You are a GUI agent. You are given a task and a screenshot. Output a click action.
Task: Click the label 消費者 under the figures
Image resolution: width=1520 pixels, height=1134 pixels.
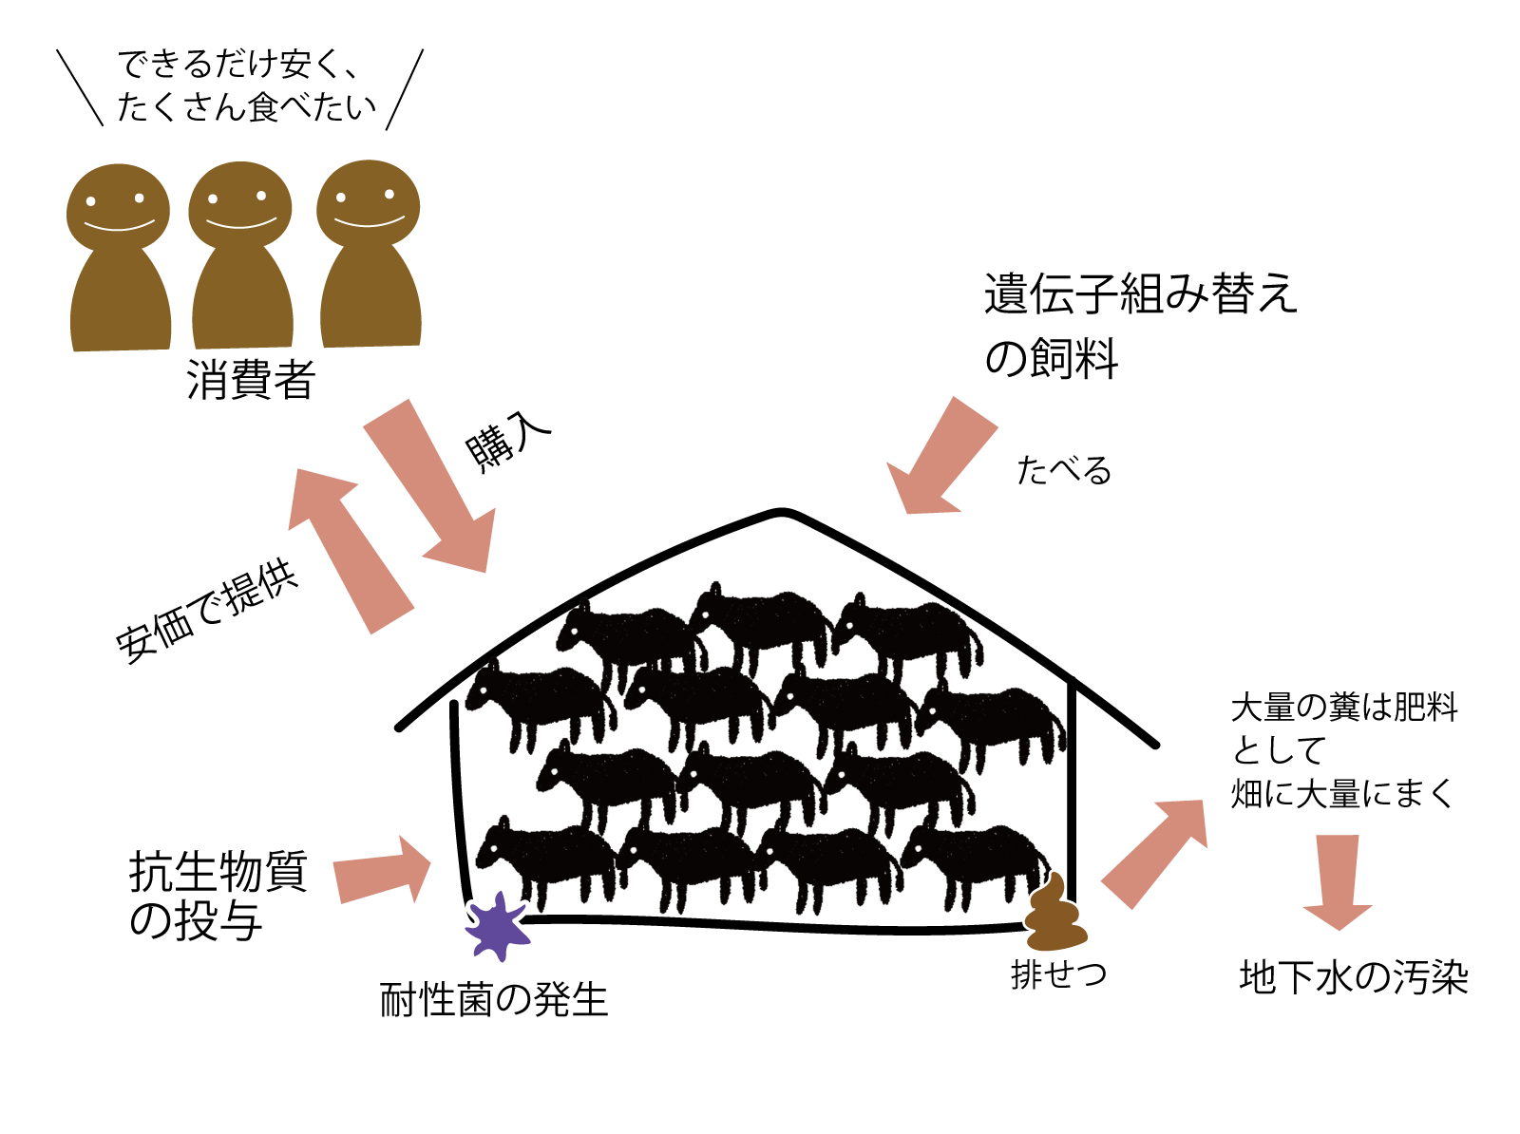[251, 382]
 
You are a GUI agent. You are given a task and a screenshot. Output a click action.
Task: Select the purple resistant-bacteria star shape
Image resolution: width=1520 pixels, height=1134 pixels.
[497, 923]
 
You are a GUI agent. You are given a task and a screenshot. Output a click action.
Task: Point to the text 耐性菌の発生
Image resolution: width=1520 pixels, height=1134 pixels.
[493, 1000]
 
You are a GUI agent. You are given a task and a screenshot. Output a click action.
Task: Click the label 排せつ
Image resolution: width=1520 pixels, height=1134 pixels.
[1058, 974]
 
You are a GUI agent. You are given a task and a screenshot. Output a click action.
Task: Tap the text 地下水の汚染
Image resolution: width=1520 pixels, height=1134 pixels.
[1354, 978]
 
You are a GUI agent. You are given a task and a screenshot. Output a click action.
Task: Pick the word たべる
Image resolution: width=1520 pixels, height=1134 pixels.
[1063, 470]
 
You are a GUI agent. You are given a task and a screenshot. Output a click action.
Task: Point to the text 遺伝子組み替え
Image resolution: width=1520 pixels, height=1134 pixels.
[1140, 294]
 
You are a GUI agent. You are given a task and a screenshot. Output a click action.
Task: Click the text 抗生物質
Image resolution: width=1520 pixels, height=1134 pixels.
[218, 872]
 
